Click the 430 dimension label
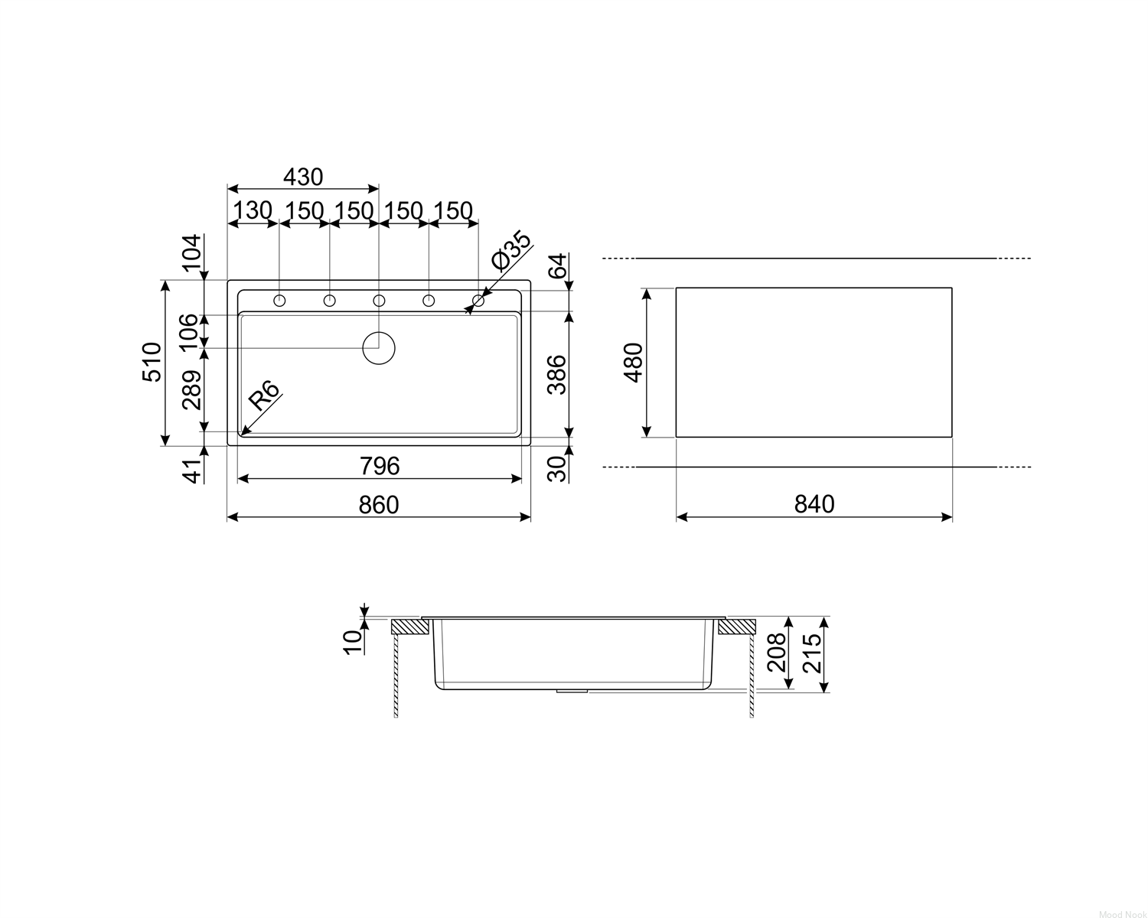point(303,177)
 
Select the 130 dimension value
point(253,210)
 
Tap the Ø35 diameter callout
point(511,250)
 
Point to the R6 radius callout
point(263,396)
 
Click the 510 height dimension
point(152,362)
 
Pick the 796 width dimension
point(380,466)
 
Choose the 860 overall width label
point(379,505)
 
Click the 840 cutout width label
point(814,504)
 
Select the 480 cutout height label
point(633,362)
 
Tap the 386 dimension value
point(557,374)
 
